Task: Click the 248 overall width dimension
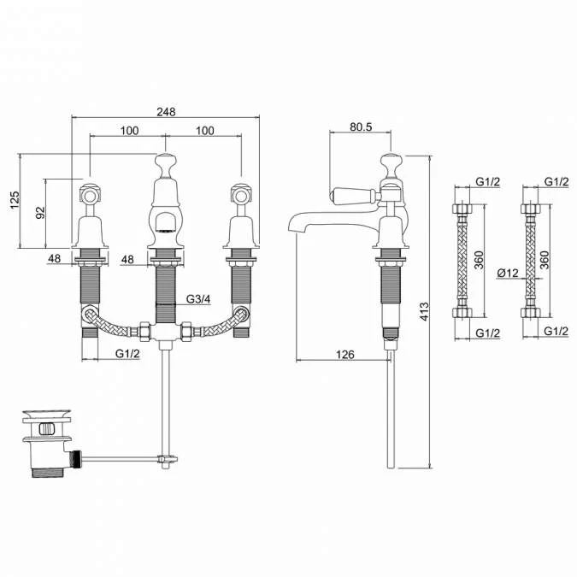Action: click(166, 111)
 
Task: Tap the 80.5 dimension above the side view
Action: click(361, 127)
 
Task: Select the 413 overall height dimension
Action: click(424, 311)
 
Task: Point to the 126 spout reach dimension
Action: click(344, 355)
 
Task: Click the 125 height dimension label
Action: click(15, 200)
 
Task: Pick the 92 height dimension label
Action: click(39, 213)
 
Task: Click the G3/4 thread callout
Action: click(198, 299)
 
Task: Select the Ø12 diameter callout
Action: click(508, 273)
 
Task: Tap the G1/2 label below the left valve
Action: click(127, 353)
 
